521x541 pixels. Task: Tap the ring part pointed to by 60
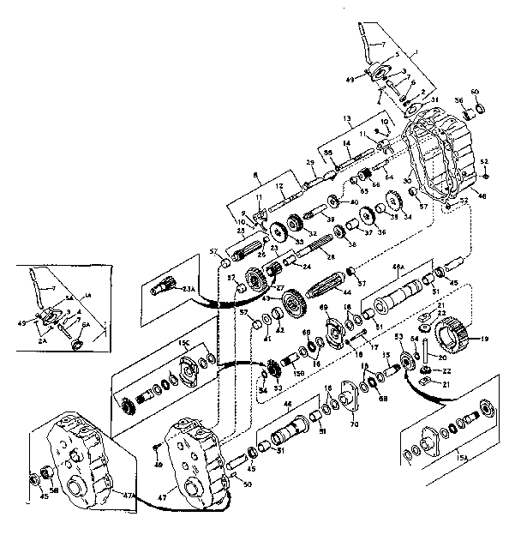(480, 107)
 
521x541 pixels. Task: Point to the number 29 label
(286, 162)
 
